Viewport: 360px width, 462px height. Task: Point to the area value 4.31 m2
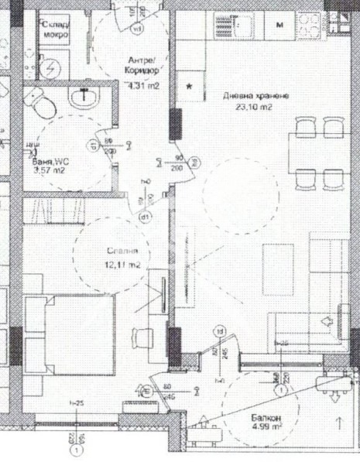[143, 86]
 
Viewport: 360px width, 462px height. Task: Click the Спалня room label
[122, 252]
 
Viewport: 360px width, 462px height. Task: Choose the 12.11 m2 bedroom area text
[123, 265]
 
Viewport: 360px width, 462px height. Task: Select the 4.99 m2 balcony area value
[263, 432]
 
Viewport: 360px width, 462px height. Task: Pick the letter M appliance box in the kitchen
[280, 25]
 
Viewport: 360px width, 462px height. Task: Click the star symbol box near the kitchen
[189, 87]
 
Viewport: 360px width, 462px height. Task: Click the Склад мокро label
[57, 29]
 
